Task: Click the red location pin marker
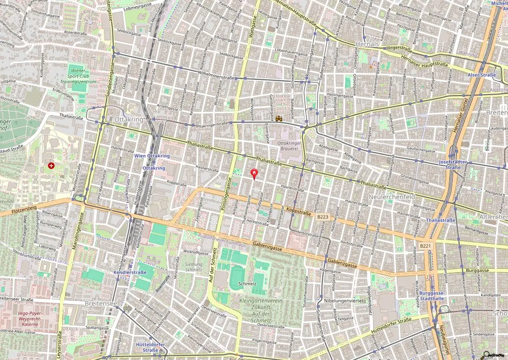point(255,174)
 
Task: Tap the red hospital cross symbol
point(51,165)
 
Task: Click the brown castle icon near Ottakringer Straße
point(280,119)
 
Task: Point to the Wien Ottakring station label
point(152,156)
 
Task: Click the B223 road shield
point(322,217)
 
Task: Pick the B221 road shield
point(425,245)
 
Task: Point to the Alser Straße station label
point(481,75)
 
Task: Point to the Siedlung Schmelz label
point(193,266)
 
